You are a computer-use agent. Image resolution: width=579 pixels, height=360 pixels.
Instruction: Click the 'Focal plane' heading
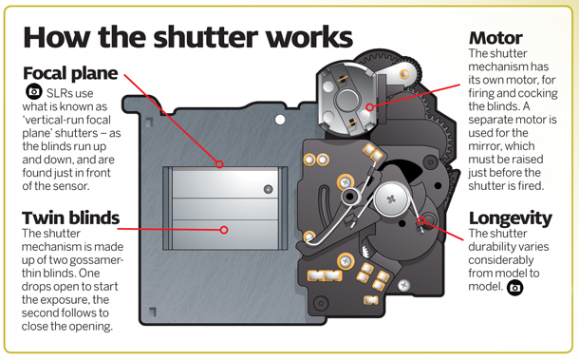(70, 73)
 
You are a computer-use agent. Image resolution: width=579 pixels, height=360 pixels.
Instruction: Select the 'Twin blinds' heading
(70, 218)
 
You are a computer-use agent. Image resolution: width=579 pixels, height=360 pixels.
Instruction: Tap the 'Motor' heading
(495, 38)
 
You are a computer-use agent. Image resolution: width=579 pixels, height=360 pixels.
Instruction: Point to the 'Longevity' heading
(510, 218)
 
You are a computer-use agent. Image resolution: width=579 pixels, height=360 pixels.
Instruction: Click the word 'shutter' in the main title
(206, 37)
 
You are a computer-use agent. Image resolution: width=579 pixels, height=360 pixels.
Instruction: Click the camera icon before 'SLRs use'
(34, 91)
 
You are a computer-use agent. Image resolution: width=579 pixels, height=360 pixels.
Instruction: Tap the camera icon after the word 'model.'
(514, 287)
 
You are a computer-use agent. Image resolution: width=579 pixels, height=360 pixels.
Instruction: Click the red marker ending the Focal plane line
(219, 164)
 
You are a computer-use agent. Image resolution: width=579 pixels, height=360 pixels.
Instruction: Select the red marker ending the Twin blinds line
(224, 230)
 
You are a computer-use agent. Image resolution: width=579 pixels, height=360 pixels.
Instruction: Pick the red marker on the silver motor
(369, 107)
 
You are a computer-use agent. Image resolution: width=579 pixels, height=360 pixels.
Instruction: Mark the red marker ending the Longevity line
(421, 221)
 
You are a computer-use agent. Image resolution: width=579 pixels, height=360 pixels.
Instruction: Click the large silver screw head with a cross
(391, 199)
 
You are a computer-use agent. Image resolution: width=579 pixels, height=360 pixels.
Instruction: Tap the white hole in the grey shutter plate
(280, 120)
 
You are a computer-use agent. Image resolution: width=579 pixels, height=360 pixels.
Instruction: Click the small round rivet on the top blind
(269, 190)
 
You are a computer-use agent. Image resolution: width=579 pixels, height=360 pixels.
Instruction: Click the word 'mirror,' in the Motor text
(484, 146)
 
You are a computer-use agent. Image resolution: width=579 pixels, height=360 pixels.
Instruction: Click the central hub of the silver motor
(346, 99)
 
